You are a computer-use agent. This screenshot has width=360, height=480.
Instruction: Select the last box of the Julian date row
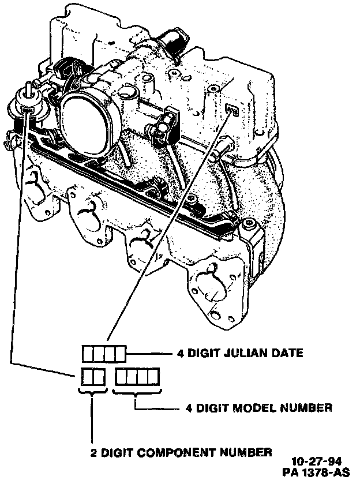pyautogui.click(x=119, y=353)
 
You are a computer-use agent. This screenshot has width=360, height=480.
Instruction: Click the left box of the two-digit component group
pyautogui.click(x=86, y=377)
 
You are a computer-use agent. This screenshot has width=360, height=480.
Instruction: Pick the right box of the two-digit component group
pyautogui.click(x=97, y=377)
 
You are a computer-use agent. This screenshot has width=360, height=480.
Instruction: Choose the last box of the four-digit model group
pyautogui.click(x=152, y=377)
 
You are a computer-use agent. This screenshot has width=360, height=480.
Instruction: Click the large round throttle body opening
pyautogui.click(x=87, y=115)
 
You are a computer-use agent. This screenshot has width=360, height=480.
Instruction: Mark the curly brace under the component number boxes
pyautogui.click(x=92, y=394)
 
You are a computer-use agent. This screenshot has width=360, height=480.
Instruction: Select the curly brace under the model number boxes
pyautogui.click(x=136, y=394)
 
